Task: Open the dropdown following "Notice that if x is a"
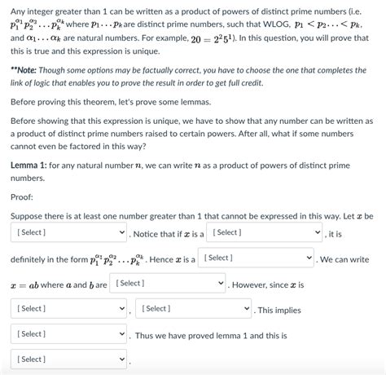tap(264, 232)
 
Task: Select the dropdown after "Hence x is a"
tap(257, 258)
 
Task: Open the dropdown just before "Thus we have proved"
tap(69, 334)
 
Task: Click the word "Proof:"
tap(22, 196)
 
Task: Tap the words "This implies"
tap(279, 310)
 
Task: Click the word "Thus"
tap(145, 335)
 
